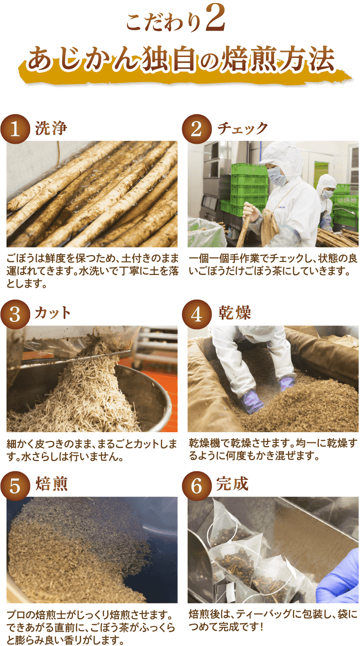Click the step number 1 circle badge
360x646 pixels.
pyautogui.click(x=16, y=129)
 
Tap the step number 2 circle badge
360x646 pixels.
pyautogui.click(x=196, y=129)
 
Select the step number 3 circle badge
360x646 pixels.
pyautogui.click(x=16, y=314)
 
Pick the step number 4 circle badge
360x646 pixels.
pyautogui.click(x=196, y=314)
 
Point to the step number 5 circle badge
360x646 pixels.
pyautogui.click(x=16, y=486)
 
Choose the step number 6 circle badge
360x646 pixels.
pyautogui.click(x=196, y=486)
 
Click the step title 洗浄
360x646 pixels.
pyautogui.click(x=51, y=128)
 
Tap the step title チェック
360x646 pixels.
pyautogui.click(x=243, y=128)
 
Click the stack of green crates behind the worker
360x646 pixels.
pyautogui.click(x=249, y=185)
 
